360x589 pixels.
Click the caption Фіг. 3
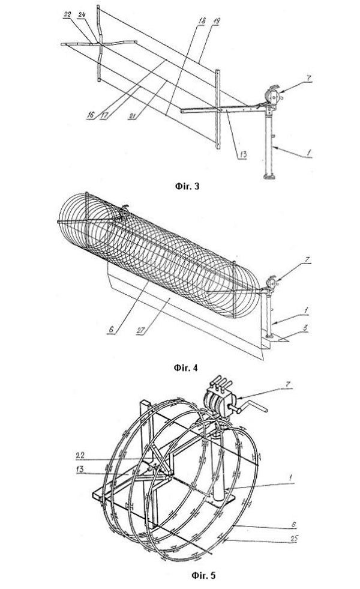click(187, 186)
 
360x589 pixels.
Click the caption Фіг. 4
click(186, 367)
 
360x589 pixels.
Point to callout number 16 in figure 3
click(91, 115)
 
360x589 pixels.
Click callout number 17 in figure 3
click(104, 115)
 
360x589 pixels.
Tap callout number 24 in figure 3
click(82, 14)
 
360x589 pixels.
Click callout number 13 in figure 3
click(243, 155)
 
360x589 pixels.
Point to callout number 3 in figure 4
click(305, 328)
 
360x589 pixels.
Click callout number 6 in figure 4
click(112, 329)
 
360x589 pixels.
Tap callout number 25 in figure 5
click(294, 539)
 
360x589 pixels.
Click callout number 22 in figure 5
click(80, 455)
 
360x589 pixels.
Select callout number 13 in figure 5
click(80, 470)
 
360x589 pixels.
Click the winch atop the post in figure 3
click(274, 96)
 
